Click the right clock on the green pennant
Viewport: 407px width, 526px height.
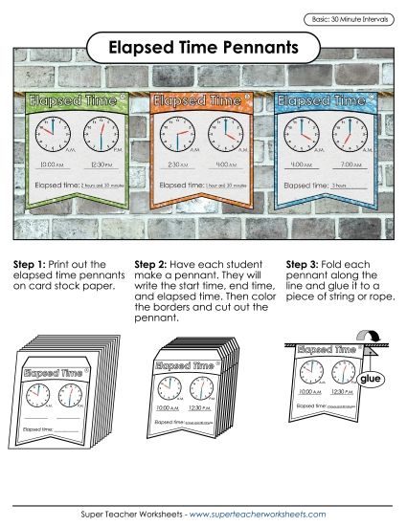click(101, 131)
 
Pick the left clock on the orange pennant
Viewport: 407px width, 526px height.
click(179, 131)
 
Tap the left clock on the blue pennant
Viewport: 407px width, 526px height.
click(303, 131)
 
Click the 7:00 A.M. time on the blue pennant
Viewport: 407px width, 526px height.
click(351, 164)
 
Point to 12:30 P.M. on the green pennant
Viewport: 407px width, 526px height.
click(103, 164)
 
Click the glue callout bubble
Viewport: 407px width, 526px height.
click(370, 381)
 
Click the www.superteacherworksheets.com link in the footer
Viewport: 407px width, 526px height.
click(259, 514)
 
